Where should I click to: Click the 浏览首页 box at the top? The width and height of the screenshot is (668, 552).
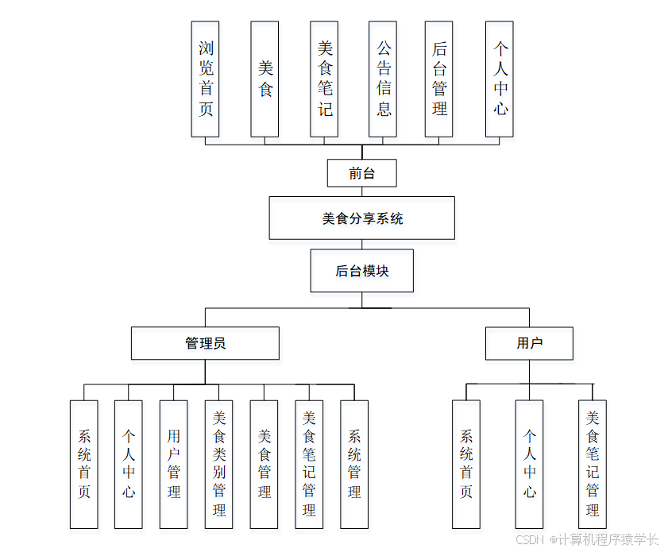pos(205,79)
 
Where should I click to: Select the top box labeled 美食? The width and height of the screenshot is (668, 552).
pos(264,79)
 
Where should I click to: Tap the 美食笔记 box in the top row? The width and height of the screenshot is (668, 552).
pos(324,79)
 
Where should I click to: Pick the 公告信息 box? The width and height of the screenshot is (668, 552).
pos(383,79)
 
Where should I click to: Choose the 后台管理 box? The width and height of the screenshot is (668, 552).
pos(439,79)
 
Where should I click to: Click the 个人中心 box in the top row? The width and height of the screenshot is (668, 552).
pos(499,79)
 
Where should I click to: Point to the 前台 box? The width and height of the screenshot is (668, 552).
pos(361,173)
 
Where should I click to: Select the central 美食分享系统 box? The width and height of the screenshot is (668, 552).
pos(361,218)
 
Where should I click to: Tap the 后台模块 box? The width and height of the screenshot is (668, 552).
pos(361,271)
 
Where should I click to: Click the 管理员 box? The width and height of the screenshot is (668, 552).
pos(205,343)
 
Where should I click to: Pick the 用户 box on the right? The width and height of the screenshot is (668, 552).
pos(529,343)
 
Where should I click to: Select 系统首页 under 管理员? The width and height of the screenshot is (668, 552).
pos(83,464)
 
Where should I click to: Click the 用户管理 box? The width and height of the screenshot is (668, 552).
pos(174,464)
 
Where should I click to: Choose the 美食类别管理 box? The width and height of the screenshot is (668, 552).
pos(219,464)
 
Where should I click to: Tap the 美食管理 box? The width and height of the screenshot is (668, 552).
pos(264,464)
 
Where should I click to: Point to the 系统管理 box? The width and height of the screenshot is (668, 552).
pos(354,464)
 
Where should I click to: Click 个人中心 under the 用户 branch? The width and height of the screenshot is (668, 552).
pos(529,464)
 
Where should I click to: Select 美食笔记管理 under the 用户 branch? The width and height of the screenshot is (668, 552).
pos(592,464)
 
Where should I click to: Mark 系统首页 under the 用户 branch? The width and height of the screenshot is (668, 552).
pos(466,464)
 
